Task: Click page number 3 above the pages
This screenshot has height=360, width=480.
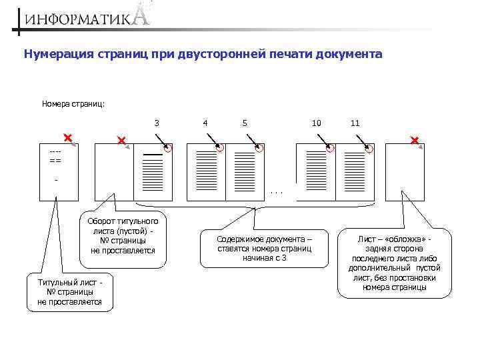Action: [157, 123]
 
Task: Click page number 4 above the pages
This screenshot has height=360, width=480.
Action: [205, 123]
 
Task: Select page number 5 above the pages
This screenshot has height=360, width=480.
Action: [245, 123]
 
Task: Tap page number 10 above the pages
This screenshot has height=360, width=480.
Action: [316, 123]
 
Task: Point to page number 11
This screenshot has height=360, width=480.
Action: [355, 123]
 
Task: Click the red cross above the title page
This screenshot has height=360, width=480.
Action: [67, 137]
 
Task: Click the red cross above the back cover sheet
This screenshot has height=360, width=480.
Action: [414, 140]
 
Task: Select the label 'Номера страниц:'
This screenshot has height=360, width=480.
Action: [73, 103]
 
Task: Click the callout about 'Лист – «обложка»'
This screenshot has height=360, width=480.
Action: [399, 263]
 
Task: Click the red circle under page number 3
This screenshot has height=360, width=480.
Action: [167, 148]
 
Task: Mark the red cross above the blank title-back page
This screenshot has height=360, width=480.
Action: [121, 141]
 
